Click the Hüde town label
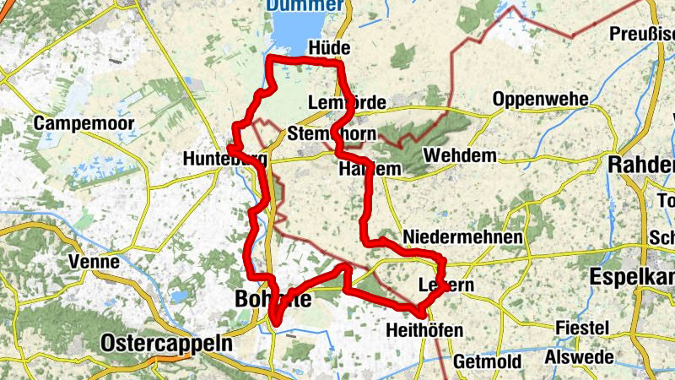(x=329, y=48)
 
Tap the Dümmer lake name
(x=305, y=6)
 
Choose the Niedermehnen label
(x=462, y=236)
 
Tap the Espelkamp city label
(x=632, y=276)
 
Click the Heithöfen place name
(x=424, y=329)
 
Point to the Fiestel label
(x=582, y=327)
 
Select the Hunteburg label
(x=224, y=159)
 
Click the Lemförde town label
(x=347, y=102)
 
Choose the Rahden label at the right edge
(x=642, y=165)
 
